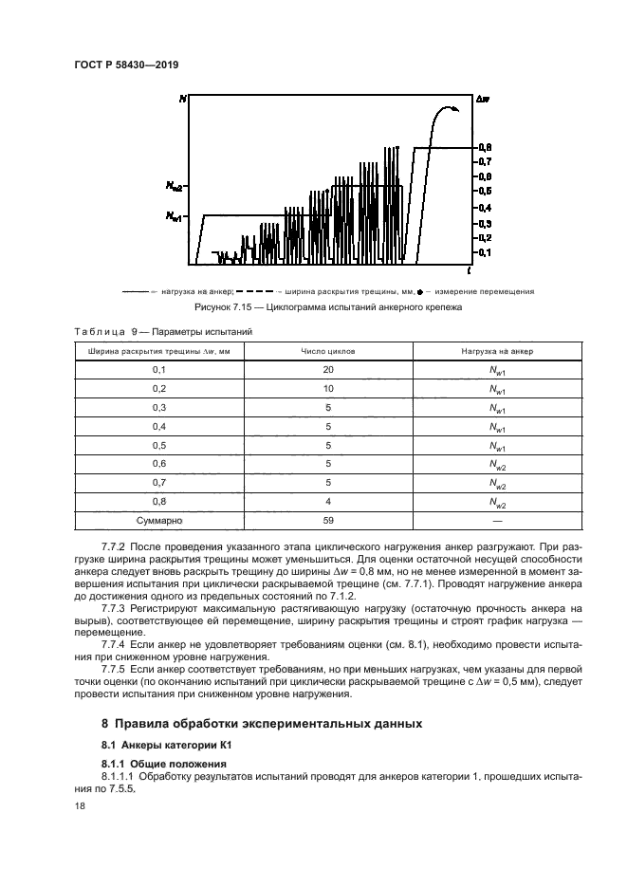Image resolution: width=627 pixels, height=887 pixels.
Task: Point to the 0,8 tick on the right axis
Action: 484,148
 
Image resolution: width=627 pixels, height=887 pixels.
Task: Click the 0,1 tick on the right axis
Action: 484,252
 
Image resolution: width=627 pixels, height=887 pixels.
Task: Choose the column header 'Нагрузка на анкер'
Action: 497,350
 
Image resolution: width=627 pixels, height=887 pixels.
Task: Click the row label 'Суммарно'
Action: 158,521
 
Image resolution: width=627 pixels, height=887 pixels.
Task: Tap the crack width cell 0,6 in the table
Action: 158,464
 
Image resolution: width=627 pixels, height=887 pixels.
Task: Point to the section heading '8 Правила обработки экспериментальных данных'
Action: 261,724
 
